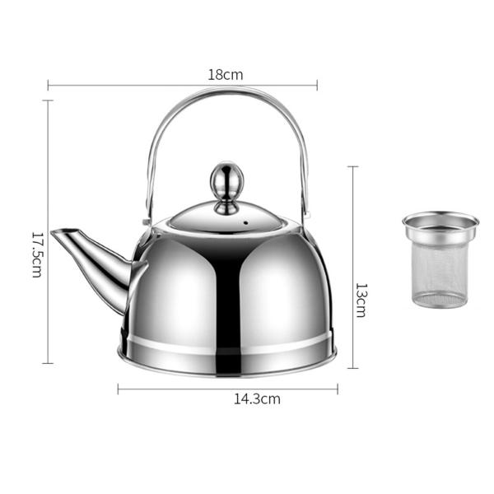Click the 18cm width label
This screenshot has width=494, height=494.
click(x=225, y=74)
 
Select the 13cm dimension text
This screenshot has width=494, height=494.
click(x=360, y=301)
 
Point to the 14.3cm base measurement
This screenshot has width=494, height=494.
click(x=257, y=399)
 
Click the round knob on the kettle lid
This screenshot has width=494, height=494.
click(x=224, y=181)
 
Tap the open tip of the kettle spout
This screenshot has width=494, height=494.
click(x=56, y=235)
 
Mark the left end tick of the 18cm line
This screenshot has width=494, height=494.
click(x=49, y=84)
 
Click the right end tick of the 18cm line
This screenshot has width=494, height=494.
click(x=317, y=84)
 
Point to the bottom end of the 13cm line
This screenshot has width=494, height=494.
click(x=353, y=368)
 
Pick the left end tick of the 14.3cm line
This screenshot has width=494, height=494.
click(x=119, y=389)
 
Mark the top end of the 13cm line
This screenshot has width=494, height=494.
click(x=353, y=167)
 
